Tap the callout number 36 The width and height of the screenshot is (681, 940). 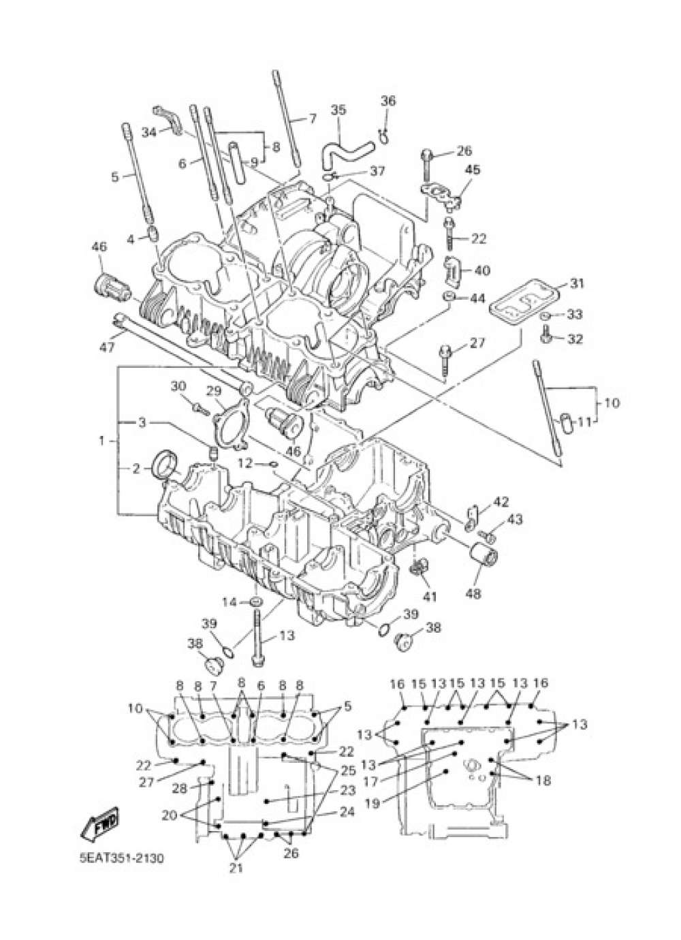click(387, 101)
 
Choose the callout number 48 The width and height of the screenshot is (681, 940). click(472, 593)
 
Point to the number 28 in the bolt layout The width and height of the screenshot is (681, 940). click(179, 788)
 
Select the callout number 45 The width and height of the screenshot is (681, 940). click(472, 170)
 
